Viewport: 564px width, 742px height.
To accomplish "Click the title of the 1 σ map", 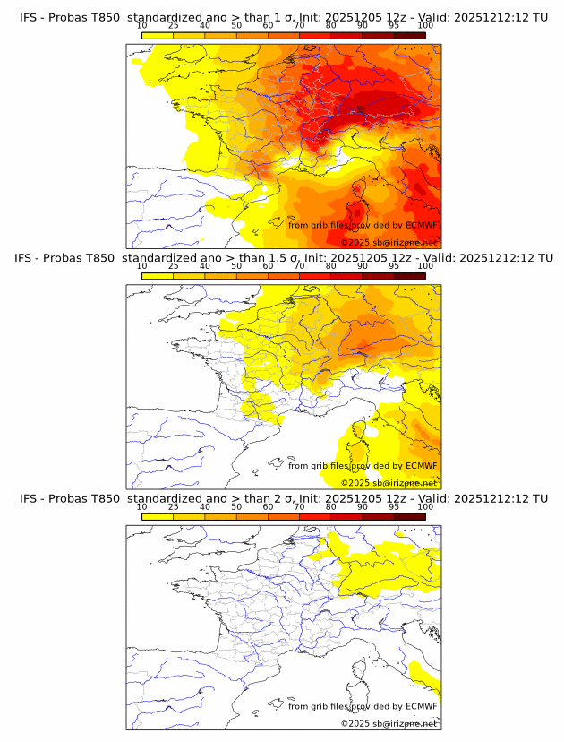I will (283, 18).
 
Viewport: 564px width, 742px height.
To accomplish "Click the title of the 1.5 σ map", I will (283, 258).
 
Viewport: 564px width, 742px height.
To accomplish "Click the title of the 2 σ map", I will (283, 498).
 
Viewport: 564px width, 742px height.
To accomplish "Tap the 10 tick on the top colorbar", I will (142, 26).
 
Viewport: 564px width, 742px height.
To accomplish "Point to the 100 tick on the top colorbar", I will (425, 26).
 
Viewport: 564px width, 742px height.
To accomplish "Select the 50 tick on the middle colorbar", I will (236, 266).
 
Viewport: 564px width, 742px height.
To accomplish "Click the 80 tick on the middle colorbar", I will (331, 266).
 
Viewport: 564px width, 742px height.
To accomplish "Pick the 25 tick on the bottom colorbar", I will (174, 506).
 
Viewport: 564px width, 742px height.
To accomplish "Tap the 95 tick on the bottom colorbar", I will (394, 506).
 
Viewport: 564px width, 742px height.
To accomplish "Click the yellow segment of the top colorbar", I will (158, 35).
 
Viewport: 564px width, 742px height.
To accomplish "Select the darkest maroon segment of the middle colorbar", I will (409, 275).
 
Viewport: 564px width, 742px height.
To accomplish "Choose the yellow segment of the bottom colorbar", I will (158, 515).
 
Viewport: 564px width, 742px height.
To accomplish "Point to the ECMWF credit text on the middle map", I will (363, 466).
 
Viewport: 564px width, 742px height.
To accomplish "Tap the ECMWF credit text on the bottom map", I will (363, 706).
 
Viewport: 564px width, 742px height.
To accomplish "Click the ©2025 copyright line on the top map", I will (389, 243).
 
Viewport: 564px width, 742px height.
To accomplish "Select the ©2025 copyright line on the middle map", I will (389, 483).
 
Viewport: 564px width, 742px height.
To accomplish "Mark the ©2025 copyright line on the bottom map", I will (389, 723).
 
